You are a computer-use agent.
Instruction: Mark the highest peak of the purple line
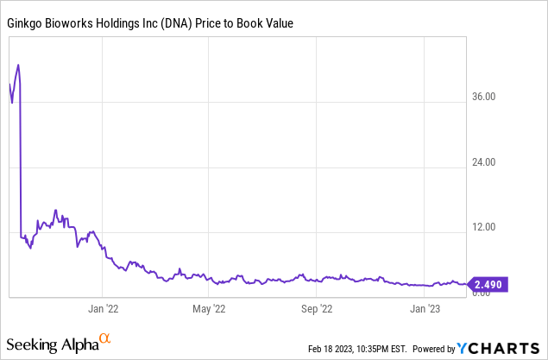18,65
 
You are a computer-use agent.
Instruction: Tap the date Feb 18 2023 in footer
330,349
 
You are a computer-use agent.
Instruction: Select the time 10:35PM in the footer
373,349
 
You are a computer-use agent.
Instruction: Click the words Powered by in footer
435,349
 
